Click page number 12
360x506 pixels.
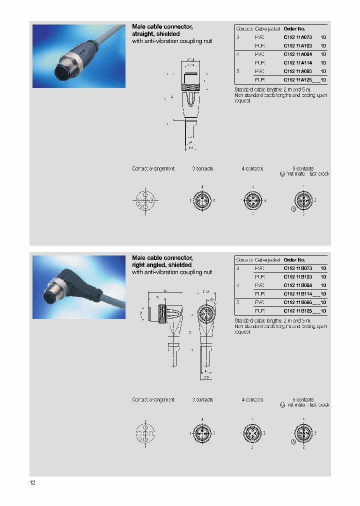[32, 482]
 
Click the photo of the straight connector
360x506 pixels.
[78, 56]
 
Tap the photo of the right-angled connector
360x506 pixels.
[78, 287]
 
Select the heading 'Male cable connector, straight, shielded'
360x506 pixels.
[162, 30]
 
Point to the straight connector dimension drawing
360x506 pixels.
[190, 102]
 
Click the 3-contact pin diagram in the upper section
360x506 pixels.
[202, 201]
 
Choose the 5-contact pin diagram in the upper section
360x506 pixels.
[303, 201]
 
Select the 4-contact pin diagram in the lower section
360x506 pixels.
[253, 433]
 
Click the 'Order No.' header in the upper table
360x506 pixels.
[294, 29]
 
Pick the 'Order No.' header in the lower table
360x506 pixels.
[294, 260]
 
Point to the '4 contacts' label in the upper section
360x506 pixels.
[252, 168]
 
